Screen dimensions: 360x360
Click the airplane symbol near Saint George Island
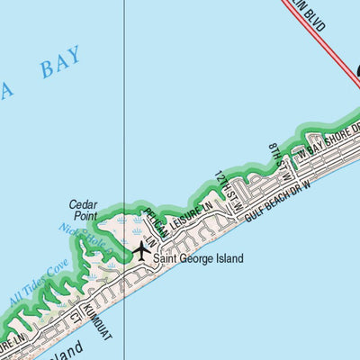[x=141, y=250]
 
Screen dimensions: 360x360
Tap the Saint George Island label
[x=198, y=258]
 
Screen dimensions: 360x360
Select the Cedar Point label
[x=83, y=210]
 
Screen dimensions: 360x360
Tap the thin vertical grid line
[x=123, y=108]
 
